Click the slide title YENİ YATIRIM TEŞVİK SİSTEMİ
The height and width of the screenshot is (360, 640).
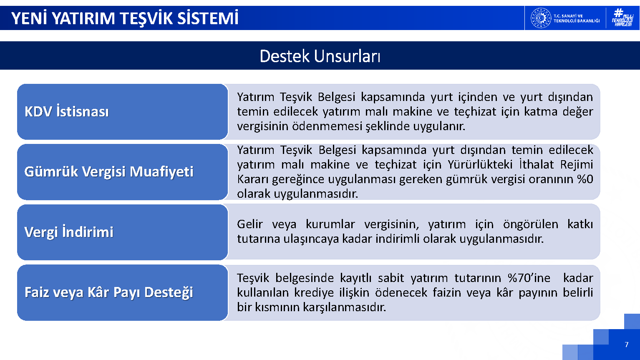(125, 18)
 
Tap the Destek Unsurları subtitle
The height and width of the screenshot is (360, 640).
(320, 56)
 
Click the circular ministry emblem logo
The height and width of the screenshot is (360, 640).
(541, 18)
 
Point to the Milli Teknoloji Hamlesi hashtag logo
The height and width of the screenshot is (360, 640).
(622, 18)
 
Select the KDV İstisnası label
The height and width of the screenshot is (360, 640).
(67, 111)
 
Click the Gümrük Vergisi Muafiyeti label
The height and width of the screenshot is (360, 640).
(109, 172)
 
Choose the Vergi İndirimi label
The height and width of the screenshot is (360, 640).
(69, 232)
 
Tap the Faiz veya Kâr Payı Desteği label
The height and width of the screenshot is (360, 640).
(109, 292)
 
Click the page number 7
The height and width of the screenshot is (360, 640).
(627, 345)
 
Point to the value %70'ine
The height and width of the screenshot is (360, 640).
(529, 278)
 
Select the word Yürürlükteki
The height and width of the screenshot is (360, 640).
(480, 165)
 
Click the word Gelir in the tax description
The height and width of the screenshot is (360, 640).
(250, 224)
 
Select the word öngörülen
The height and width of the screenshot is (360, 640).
(531, 224)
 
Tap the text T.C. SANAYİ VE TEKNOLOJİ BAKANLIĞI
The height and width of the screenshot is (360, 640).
(577, 18)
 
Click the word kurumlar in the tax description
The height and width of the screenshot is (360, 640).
(330, 224)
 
